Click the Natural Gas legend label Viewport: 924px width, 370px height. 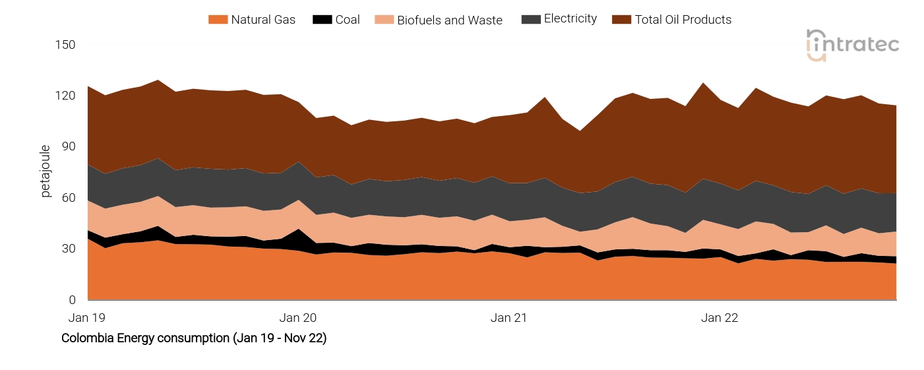tap(263, 20)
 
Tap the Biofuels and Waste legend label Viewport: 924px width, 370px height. tap(449, 20)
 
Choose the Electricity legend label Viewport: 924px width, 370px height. tap(570, 19)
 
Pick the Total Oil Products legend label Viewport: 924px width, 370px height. tap(683, 20)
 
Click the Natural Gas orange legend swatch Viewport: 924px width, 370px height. tap(218, 20)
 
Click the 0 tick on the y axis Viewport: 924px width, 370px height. tap(72, 300)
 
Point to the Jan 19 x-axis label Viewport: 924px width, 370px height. tap(87, 318)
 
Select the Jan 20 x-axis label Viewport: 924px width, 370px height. tap(298, 318)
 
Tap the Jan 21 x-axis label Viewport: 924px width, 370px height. tap(509, 318)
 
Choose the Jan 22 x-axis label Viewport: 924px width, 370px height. tap(720, 318)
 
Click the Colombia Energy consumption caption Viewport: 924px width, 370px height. tap(194, 338)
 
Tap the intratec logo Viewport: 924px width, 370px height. tap(853, 45)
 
